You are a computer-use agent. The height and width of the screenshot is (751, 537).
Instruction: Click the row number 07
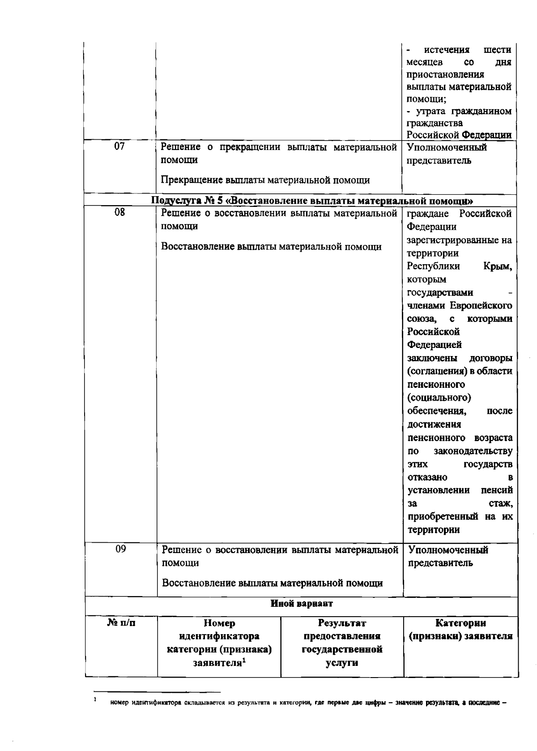[119, 146]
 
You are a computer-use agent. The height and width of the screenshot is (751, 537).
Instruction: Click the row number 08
[119, 212]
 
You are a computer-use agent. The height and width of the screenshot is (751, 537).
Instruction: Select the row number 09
[120, 549]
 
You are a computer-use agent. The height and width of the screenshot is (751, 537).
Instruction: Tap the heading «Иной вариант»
[302, 604]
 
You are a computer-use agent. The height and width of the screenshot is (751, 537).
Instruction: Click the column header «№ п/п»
[121, 623]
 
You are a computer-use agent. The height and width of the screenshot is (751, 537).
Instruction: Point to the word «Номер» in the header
[219, 623]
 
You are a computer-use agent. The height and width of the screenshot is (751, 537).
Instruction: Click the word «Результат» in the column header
[342, 623]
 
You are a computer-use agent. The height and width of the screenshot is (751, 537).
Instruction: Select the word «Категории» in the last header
[461, 623]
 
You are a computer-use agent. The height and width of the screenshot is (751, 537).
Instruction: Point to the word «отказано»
[427, 477]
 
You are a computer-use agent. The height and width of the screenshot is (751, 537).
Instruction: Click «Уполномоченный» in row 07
[447, 147]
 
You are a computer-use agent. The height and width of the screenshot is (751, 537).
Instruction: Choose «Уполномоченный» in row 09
[448, 550]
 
